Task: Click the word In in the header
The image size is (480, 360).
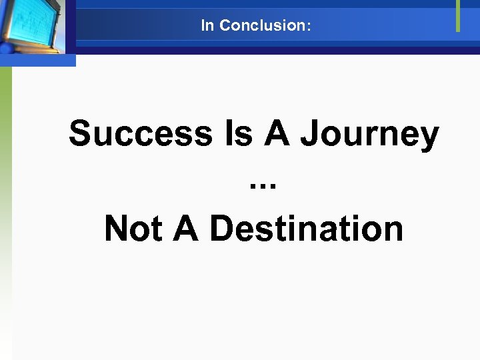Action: [207, 26]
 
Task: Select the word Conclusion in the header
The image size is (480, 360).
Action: [261, 26]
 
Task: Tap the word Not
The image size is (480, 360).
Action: [133, 229]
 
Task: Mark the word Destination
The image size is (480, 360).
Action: [307, 229]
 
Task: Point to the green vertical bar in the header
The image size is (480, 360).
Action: [458, 15]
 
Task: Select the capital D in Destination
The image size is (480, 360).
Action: [223, 229]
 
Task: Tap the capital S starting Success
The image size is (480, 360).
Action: [81, 133]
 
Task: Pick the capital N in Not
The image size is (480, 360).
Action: [117, 229]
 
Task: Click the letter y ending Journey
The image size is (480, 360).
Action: [429, 139]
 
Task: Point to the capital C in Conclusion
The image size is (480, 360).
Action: [225, 26]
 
